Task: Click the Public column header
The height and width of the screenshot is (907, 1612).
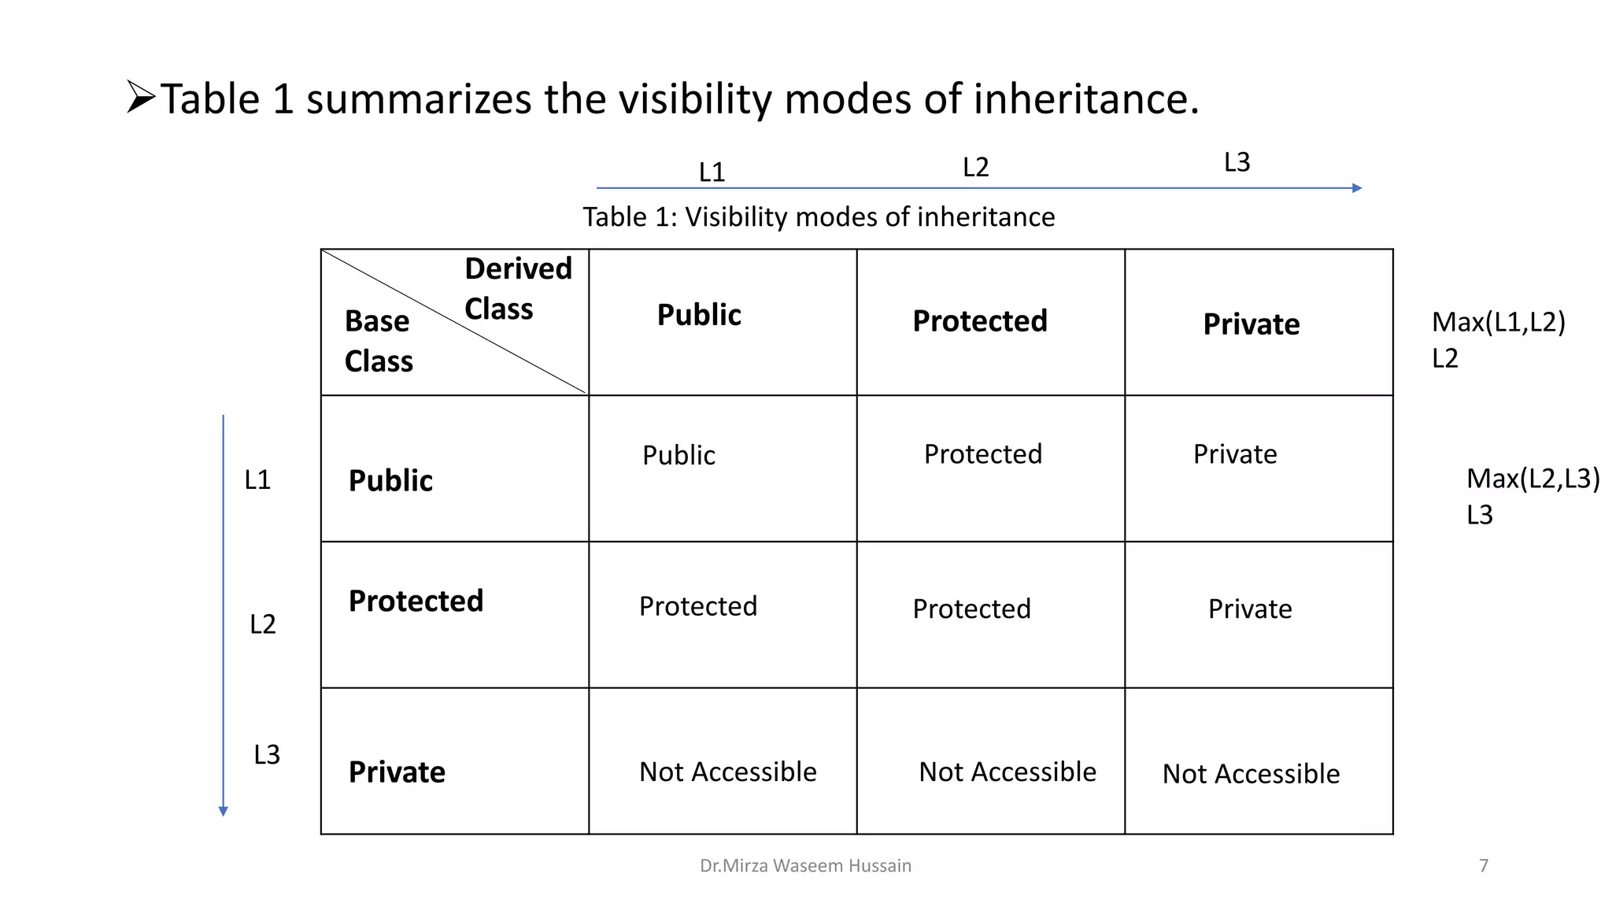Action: (x=699, y=315)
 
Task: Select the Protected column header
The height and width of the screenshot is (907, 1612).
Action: (x=980, y=321)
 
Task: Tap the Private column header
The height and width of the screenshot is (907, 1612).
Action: (x=1252, y=324)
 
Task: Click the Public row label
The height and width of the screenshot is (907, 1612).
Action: (x=390, y=480)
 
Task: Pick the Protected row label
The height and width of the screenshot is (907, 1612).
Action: (x=416, y=601)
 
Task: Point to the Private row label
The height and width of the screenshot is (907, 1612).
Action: (x=397, y=772)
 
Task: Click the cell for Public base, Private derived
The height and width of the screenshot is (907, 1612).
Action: (x=1235, y=454)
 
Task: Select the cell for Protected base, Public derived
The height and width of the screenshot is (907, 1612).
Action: (x=698, y=606)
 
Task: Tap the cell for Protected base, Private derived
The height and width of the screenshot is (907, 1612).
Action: (x=1250, y=609)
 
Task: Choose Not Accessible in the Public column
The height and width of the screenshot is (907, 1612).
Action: (x=727, y=772)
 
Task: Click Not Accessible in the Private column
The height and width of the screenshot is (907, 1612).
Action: (x=1251, y=774)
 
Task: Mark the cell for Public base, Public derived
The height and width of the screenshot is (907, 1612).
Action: (x=678, y=455)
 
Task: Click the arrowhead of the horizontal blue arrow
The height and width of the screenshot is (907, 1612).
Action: (x=1356, y=188)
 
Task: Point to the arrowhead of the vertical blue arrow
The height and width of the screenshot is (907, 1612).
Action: (x=224, y=811)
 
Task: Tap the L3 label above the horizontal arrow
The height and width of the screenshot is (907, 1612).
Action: (x=1237, y=162)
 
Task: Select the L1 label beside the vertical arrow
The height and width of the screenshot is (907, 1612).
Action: (x=257, y=479)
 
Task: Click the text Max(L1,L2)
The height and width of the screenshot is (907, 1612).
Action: (x=1498, y=322)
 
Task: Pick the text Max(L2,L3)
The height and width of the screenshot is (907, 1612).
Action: (x=1533, y=479)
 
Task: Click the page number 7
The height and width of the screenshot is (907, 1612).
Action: (x=1484, y=866)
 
